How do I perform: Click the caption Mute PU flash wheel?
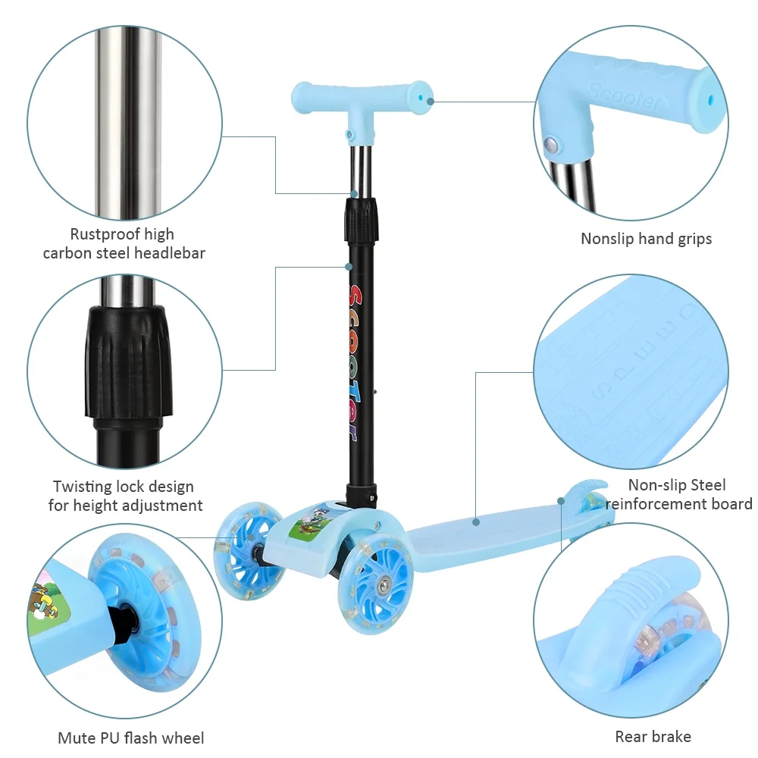pyautogui.click(x=130, y=738)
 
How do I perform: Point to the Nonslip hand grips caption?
pyautogui.click(x=646, y=239)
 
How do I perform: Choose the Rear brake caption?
pyautogui.click(x=653, y=737)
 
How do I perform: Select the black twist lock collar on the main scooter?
pyautogui.click(x=361, y=220)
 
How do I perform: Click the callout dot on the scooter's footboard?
pyautogui.click(x=476, y=522)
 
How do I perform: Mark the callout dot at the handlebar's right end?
pyautogui.click(x=431, y=102)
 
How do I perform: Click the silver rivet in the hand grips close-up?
pyautogui.click(x=550, y=143)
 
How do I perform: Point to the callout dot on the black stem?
pyautogui.click(x=348, y=266)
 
